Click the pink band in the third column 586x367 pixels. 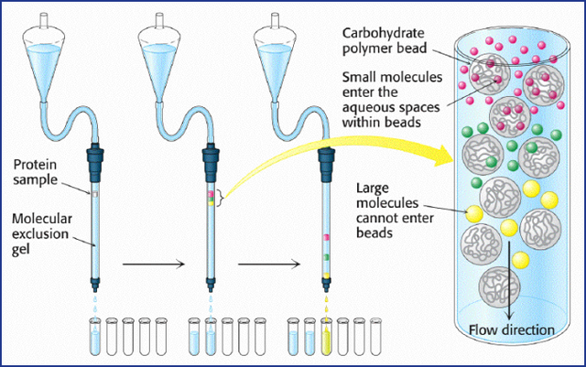click(x=325, y=241)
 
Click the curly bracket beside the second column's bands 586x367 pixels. click(x=221, y=195)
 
